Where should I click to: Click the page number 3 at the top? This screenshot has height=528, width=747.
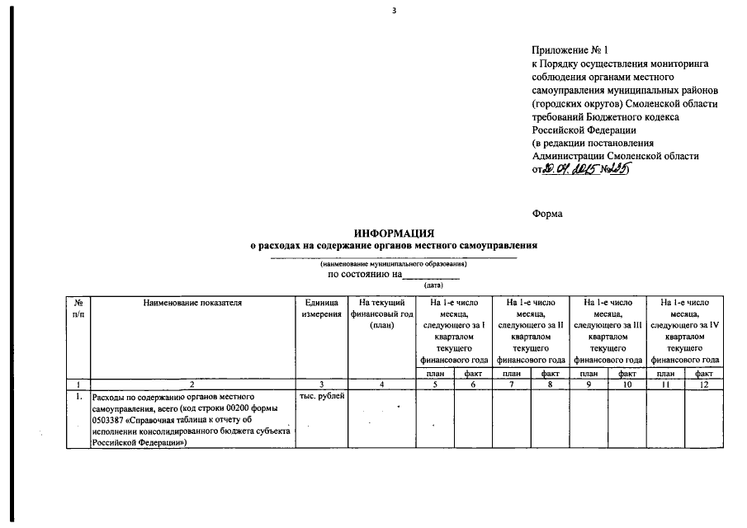click(395, 11)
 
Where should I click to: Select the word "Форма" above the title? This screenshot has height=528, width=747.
click(548, 214)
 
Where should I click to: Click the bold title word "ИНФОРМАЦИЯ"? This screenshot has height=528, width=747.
click(395, 234)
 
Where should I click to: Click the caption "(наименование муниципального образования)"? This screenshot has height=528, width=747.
click(394, 264)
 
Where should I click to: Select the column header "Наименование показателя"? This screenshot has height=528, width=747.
click(191, 303)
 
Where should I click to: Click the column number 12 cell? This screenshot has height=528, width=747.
click(704, 384)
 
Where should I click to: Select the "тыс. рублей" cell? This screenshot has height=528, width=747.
click(321, 397)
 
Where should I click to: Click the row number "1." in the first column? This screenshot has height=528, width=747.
click(79, 397)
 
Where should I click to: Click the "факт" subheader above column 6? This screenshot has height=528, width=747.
click(473, 373)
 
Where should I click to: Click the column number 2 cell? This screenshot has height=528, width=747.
click(191, 384)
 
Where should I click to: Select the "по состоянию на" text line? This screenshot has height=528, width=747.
click(365, 274)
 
